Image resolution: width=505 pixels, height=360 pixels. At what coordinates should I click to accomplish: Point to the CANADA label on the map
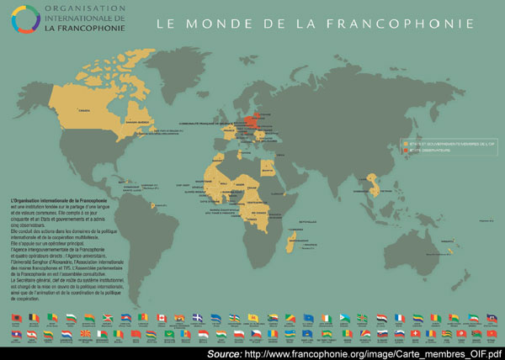pos(83,110)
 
